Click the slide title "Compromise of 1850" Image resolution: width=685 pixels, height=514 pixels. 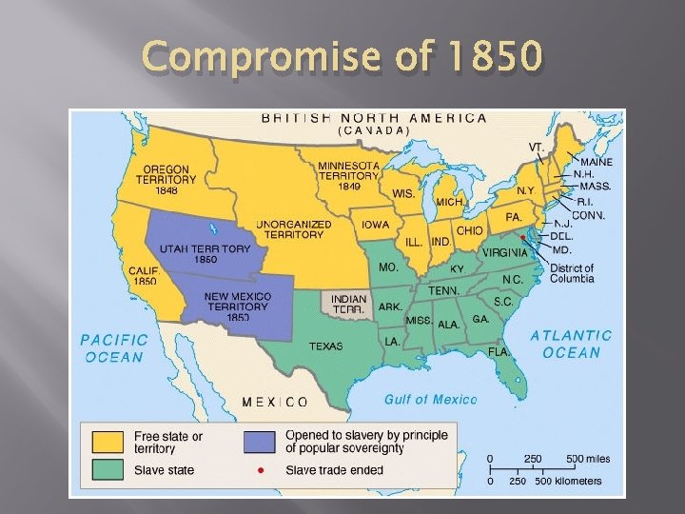click(x=342, y=58)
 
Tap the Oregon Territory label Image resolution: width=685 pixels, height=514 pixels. click(x=166, y=178)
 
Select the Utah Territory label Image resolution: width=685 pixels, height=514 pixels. click(x=205, y=254)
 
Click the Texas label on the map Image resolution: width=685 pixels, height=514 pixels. click(x=325, y=346)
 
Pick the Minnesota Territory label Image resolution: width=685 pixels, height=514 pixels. click(x=348, y=174)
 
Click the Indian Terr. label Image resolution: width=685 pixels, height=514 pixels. click(x=349, y=305)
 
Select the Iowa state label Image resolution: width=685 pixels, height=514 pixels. click(x=374, y=226)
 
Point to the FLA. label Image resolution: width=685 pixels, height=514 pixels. click(x=499, y=351)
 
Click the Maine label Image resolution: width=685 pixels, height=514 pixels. click(x=597, y=162)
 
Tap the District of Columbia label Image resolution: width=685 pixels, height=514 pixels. click(x=572, y=273)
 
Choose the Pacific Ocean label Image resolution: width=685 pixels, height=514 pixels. click(x=113, y=347)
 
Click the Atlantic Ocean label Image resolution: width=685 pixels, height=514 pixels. click(x=571, y=344)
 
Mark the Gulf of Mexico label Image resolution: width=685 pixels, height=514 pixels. click(x=430, y=400)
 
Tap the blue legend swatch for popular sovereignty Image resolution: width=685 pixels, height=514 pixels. click(x=260, y=442)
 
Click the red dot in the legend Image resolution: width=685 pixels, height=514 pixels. click(x=260, y=470)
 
